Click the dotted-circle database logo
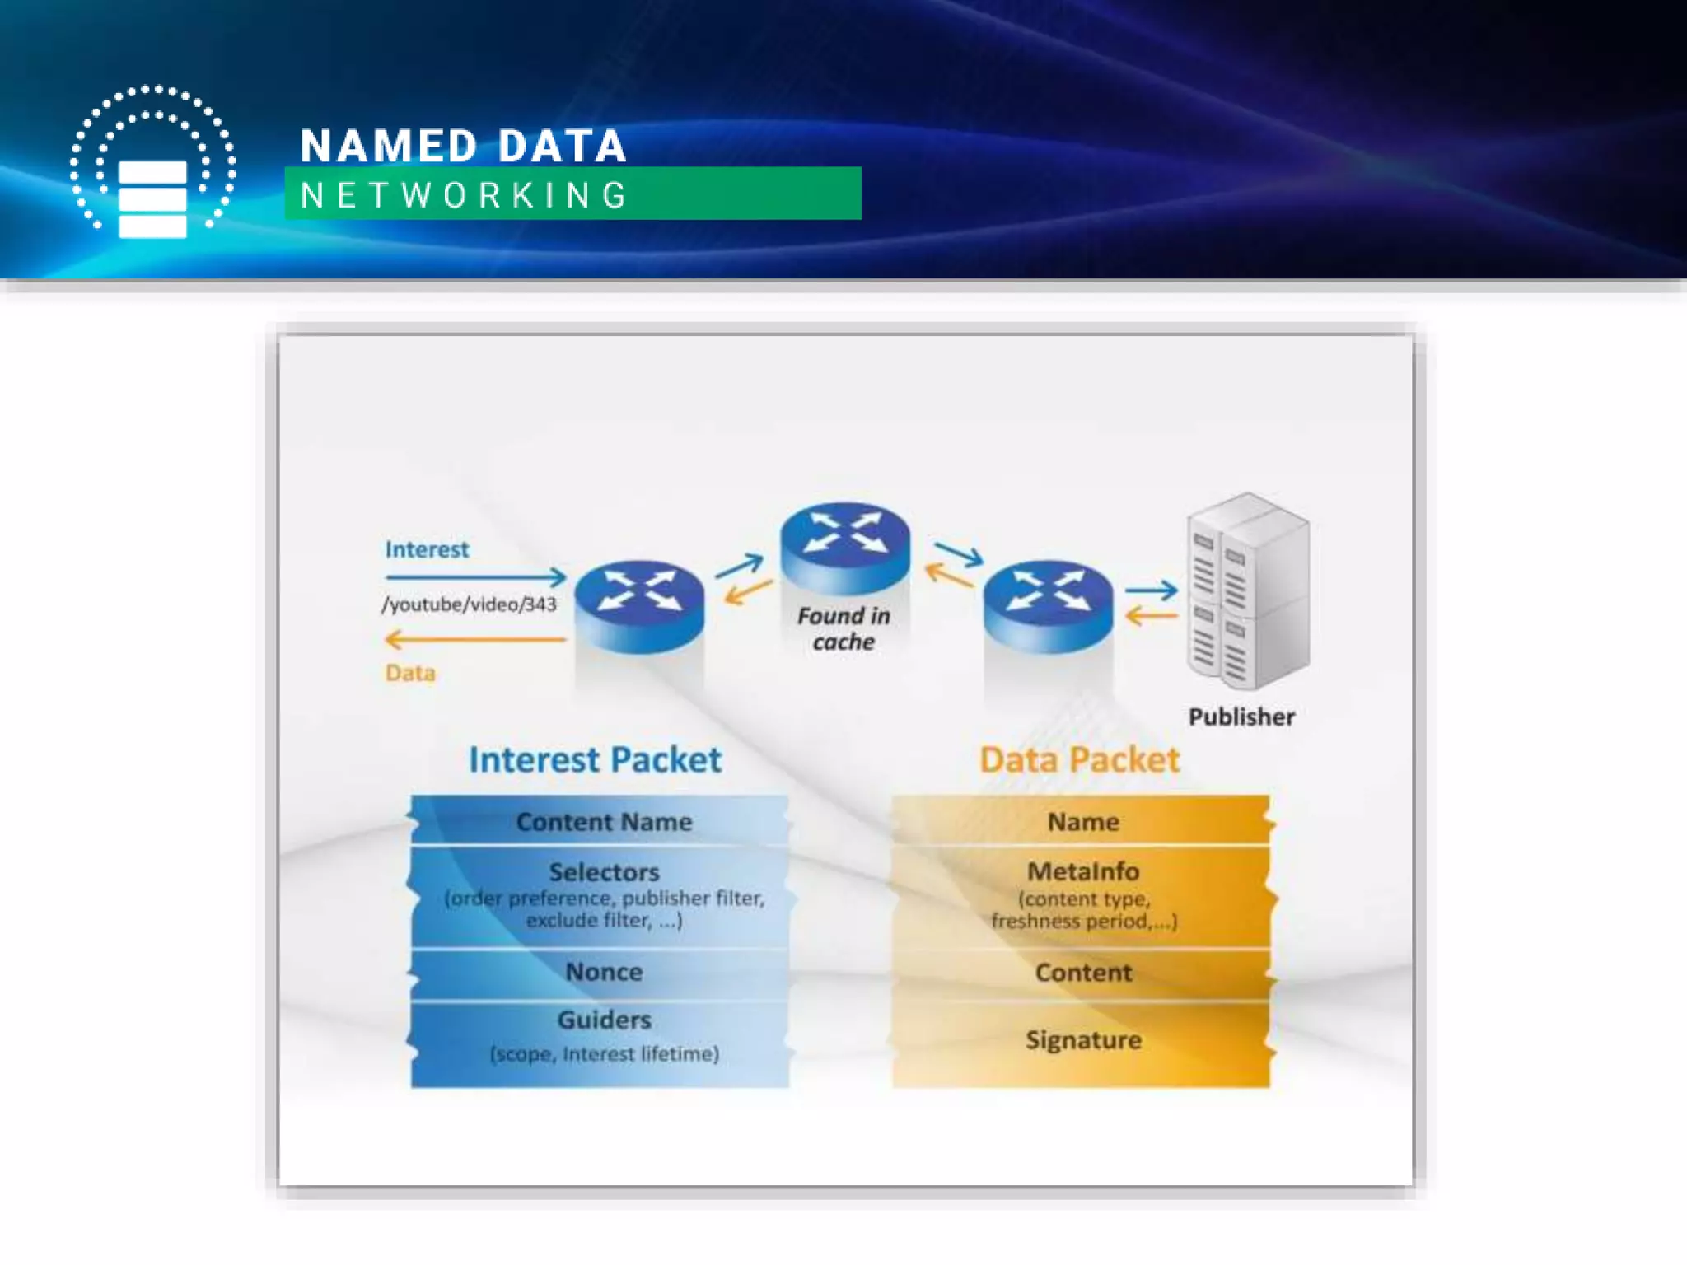pos(153,162)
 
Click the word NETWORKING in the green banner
pos(465,196)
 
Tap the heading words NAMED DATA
pos(463,147)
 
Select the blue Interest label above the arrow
pos(427,549)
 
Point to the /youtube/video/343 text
pos(469,604)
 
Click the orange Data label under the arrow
pos(410,673)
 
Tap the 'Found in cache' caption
pos(843,628)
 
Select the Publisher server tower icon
pos(1247,590)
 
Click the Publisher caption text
pos(1241,717)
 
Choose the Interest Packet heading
pos(595,759)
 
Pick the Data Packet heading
pos(1079,759)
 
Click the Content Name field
pos(604,822)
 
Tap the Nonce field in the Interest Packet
pos(604,972)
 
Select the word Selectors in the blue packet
pos(604,871)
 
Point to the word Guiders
pos(604,1020)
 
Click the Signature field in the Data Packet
pos(1083,1040)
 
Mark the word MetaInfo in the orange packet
pos(1083,871)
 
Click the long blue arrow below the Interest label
pos(475,576)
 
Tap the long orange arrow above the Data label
pos(475,639)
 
